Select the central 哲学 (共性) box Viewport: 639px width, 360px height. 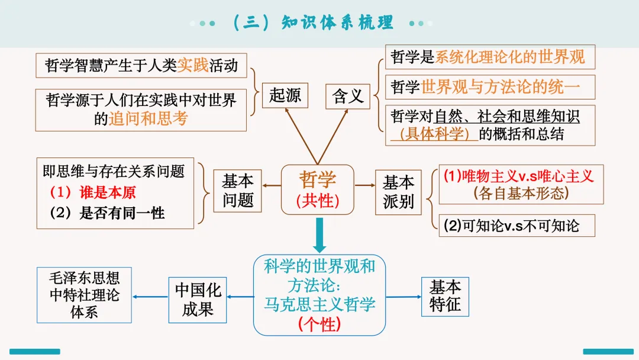point(318,189)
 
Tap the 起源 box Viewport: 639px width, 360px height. point(285,95)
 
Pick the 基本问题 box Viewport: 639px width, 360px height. point(238,191)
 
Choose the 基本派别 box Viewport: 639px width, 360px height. point(398,192)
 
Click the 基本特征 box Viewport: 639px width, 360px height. point(445,297)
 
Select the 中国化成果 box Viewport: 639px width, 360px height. point(198,300)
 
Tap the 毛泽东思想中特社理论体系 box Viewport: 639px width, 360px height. point(84,295)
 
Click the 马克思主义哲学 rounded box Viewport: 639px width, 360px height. point(319,295)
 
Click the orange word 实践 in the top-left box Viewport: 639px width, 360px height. point(193,65)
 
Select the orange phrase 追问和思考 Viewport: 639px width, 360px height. point(148,118)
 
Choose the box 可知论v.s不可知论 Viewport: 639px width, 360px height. point(517,226)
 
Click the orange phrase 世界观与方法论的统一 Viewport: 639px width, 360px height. point(501,87)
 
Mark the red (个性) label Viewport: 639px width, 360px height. point(319,324)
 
